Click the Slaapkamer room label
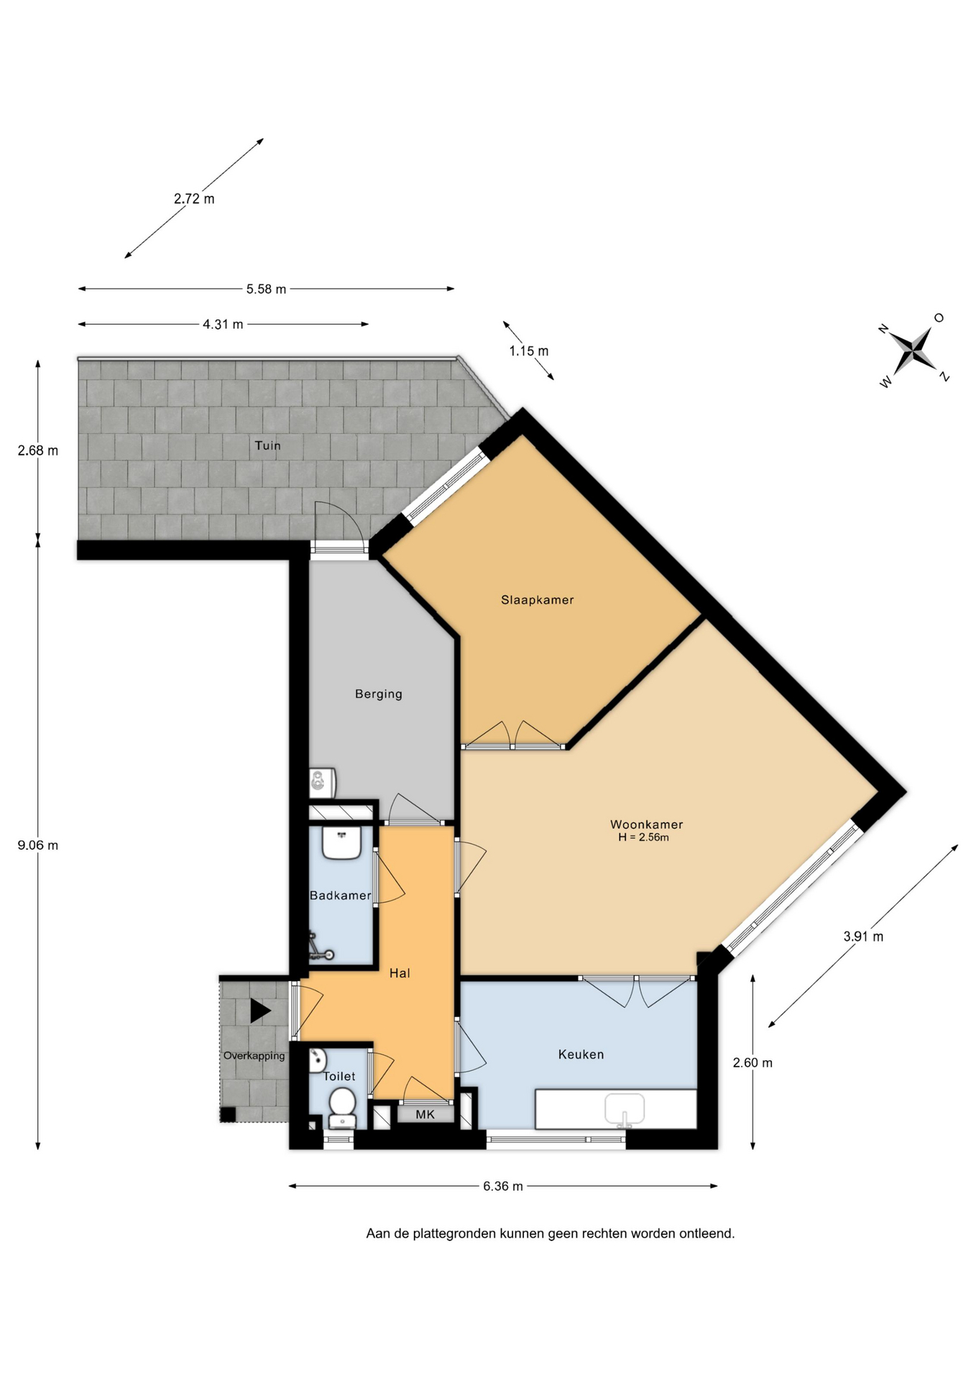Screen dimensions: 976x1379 coord(537,600)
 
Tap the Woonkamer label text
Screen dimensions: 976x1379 coord(646,825)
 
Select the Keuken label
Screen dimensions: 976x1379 coord(581,1054)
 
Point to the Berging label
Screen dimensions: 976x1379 coord(378,694)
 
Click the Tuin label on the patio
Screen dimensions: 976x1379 coord(267,445)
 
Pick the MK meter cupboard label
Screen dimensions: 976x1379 coord(425,1115)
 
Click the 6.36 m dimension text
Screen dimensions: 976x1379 coord(502,1186)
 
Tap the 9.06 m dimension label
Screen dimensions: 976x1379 coord(38,845)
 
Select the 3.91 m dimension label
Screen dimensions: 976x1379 coord(863,937)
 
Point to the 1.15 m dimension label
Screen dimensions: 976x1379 coord(528,351)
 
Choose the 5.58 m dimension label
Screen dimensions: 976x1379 coord(266,289)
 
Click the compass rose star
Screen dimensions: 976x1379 coord(914,350)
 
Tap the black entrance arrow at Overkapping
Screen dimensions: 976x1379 coord(260,1011)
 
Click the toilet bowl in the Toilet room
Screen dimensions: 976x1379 coord(342,1108)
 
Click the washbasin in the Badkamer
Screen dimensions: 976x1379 coord(341,842)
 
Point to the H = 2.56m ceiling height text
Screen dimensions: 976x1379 coord(643,837)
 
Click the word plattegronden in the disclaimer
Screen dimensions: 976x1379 coord(454,1234)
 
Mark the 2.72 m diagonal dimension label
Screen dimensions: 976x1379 coord(194,199)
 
